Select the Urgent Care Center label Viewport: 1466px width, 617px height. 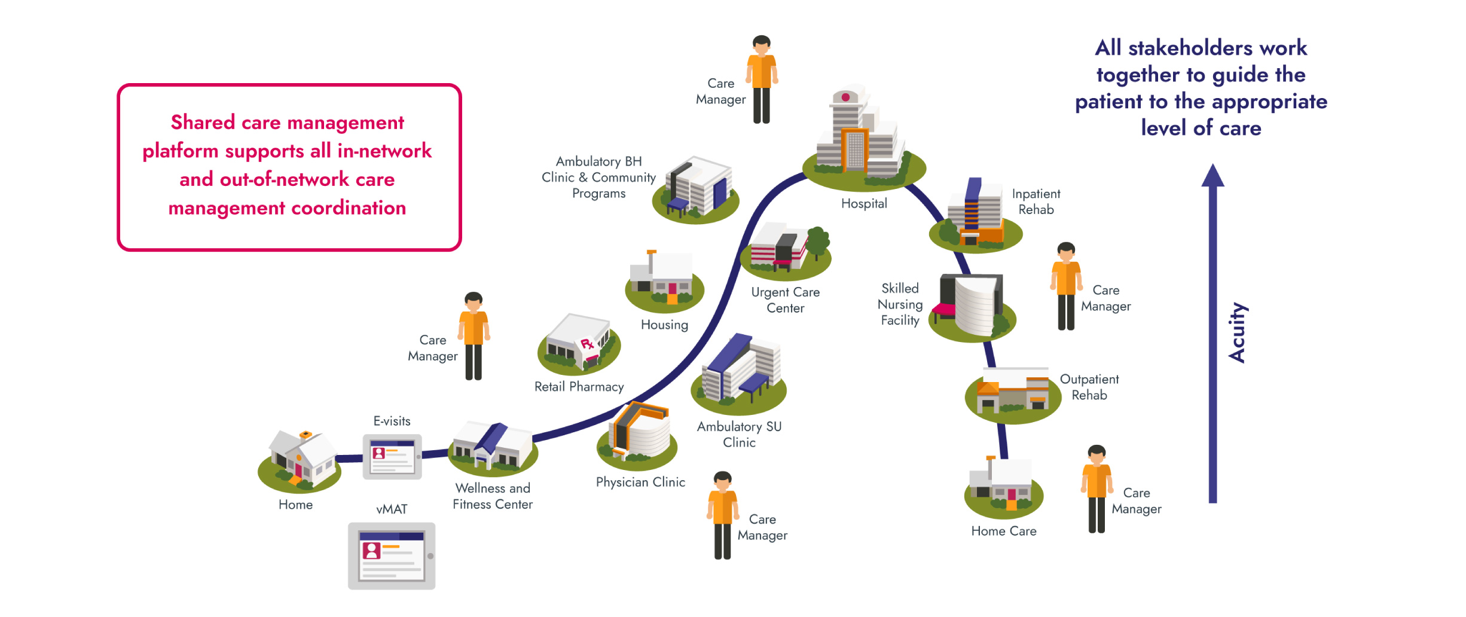[x=785, y=300]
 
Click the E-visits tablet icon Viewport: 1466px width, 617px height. [x=392, y=457]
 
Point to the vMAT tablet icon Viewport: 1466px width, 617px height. [x=392, y=555]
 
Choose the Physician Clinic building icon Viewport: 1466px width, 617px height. [x=637, y=436]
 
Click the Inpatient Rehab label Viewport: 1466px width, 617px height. [x=1036, y=201]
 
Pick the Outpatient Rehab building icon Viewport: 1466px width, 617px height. [x=1013, y=393]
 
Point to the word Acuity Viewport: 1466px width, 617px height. [x=1236, y=332]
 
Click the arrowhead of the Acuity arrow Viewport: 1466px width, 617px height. [x=1212, y=176]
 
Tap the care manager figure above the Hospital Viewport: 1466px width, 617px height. [x=761, y=80]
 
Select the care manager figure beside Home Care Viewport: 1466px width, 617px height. [x=1096, y=489]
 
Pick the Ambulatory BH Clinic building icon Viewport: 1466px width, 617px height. [x=697, y=188]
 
